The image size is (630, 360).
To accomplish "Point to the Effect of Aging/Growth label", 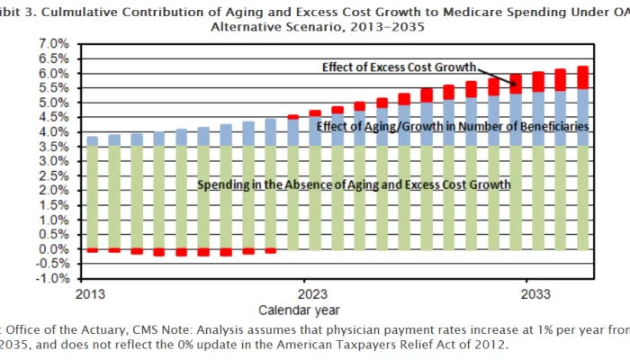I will coord(453,127).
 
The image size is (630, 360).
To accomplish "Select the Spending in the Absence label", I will coord(354,184).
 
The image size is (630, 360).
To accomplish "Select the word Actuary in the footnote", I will coord(90,329).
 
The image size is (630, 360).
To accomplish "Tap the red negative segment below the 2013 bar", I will coord(92,250).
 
